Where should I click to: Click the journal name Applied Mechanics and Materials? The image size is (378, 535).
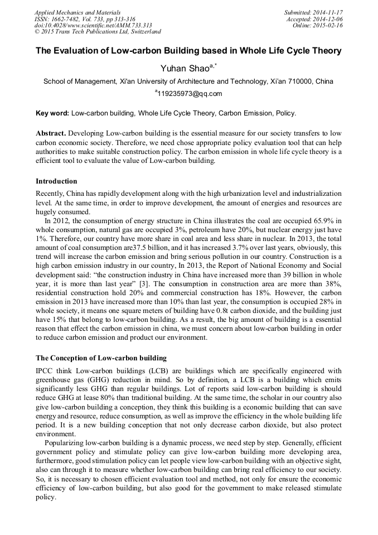click(x=77, y=12)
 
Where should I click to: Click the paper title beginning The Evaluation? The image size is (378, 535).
click(x=188, y=51)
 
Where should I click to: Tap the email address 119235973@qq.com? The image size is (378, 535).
click(x=190, y=94)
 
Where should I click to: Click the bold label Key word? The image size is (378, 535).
click(x=52, y=113)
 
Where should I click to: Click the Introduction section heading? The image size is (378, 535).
click(x=56, y=181)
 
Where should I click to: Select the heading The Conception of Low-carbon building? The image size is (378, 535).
click(x=101, y=358)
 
